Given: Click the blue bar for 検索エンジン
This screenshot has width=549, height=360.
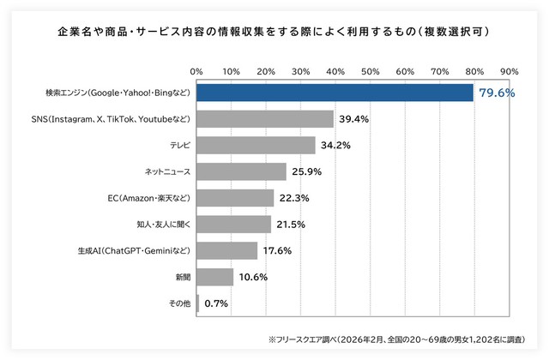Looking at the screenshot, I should pos(335,92).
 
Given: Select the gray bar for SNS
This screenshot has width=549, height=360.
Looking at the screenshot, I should pos(265,118).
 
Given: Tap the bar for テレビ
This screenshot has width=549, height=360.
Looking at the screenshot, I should pos(256,145).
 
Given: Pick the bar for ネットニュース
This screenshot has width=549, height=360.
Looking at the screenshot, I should pos(242,171).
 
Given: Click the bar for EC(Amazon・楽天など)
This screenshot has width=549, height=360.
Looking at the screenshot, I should pos(236,198).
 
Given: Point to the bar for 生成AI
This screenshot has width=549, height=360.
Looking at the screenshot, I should pos(227,250).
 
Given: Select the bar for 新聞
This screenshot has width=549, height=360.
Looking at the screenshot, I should pos(215,277).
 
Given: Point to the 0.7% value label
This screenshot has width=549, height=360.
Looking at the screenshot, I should pos(217,303).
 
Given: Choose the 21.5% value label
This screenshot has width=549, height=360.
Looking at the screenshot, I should pos(291,225).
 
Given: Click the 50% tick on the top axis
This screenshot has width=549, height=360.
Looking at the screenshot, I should pos(370,70).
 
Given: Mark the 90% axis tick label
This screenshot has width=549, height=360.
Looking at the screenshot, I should pos(509,70).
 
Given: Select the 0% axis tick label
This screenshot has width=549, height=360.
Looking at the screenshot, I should pos(196,70).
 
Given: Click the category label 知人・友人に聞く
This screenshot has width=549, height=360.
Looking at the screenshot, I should pos(162,225).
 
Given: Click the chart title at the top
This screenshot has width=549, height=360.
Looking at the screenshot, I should pos(274,32).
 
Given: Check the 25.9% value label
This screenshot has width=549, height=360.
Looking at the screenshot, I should pos(306,172).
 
